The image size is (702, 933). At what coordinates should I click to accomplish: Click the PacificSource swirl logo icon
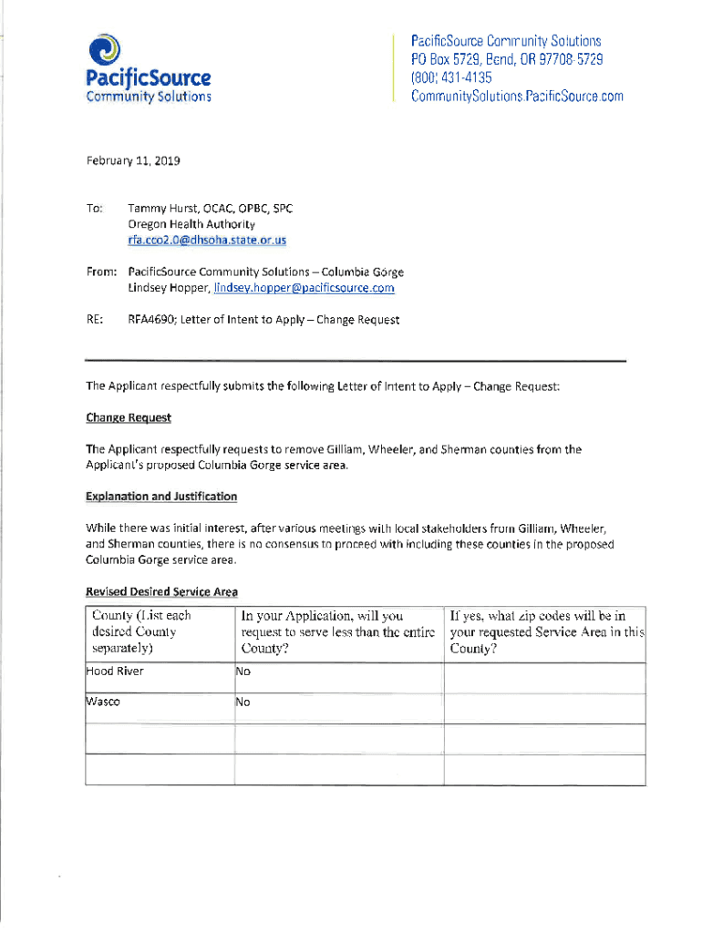click(x=108, y=48)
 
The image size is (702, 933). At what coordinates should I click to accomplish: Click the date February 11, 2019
click(x=133, y=161)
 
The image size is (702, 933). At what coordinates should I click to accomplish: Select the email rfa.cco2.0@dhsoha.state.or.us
click(x=207, y=241)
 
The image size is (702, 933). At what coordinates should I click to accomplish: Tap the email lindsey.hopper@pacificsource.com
click(x=304, y=288)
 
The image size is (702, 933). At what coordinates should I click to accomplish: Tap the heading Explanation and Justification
click(x=161, y=497)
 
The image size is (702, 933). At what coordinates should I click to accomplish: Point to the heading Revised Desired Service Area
click(x=160, y=591)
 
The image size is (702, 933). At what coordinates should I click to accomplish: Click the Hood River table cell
click(x=115, y=672)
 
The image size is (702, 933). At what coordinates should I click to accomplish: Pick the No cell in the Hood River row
click(x=243, y=672)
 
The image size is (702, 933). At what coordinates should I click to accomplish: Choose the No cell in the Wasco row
click(x=243, y=702)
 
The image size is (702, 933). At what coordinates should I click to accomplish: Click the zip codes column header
click(x=544, y=632)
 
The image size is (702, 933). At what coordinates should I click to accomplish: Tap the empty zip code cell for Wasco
click(x=544, y=707)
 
